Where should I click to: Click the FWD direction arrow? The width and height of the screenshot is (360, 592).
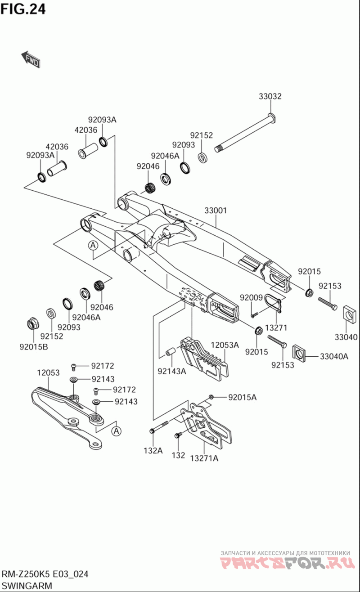point(31,59)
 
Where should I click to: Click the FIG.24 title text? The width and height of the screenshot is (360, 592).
point(23,9)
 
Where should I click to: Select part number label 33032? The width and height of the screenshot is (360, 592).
point(270,96)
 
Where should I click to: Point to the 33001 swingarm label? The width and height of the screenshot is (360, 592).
point(216,211)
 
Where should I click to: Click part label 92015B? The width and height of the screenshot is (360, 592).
point(34,346)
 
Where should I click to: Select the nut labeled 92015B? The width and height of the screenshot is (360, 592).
point(32,323)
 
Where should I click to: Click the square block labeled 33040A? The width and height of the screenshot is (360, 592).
point(299,353)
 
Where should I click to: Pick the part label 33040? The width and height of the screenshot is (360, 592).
point(346,337)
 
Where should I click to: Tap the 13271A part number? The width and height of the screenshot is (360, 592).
point(204,458)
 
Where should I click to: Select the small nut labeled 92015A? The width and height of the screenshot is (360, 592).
point(211,397)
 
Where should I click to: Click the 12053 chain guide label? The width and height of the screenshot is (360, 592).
point(48,372)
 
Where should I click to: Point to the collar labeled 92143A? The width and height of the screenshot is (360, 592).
point(171,351)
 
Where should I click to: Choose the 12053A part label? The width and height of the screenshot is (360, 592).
point(225,345)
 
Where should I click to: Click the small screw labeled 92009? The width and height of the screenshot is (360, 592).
point(255,314)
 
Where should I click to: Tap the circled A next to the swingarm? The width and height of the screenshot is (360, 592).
point(93,245)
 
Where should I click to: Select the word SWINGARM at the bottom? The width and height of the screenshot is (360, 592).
point(27,585)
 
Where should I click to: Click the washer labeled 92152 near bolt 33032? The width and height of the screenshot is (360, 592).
point(203,157)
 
